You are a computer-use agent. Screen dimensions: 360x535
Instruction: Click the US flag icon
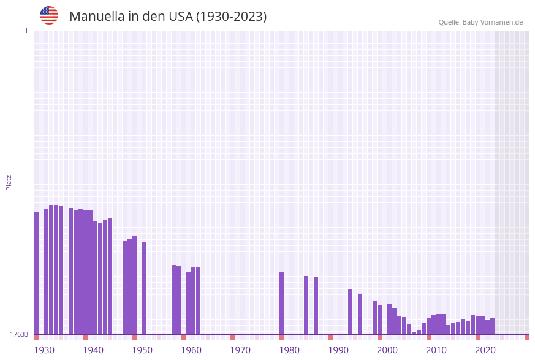pos(49,15)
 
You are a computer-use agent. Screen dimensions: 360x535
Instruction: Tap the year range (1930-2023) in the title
pos(231,17)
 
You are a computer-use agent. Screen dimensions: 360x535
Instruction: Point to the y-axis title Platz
pos(9,182)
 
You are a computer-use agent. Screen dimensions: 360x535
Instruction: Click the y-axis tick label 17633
pos(19,334)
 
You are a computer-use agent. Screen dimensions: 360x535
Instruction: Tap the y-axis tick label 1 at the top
pos(26,31)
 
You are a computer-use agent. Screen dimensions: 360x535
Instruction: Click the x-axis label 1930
pos(44,350)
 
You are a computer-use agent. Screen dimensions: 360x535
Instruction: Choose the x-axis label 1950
pos(142,350)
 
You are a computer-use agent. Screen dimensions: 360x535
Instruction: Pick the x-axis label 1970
pos(240,350)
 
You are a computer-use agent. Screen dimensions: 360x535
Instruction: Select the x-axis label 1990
pos(338,350)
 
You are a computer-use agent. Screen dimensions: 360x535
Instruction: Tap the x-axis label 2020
pos(485,350)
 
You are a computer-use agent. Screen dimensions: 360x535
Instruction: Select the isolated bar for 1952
pos(144,288)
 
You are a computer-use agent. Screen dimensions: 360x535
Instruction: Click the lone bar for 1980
pos(281,303)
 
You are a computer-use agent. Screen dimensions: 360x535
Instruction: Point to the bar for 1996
pos(360,314)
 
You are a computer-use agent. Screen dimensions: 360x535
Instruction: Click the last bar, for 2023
pos(492,326)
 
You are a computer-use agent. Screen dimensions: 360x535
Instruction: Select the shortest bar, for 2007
pos(414,333)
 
